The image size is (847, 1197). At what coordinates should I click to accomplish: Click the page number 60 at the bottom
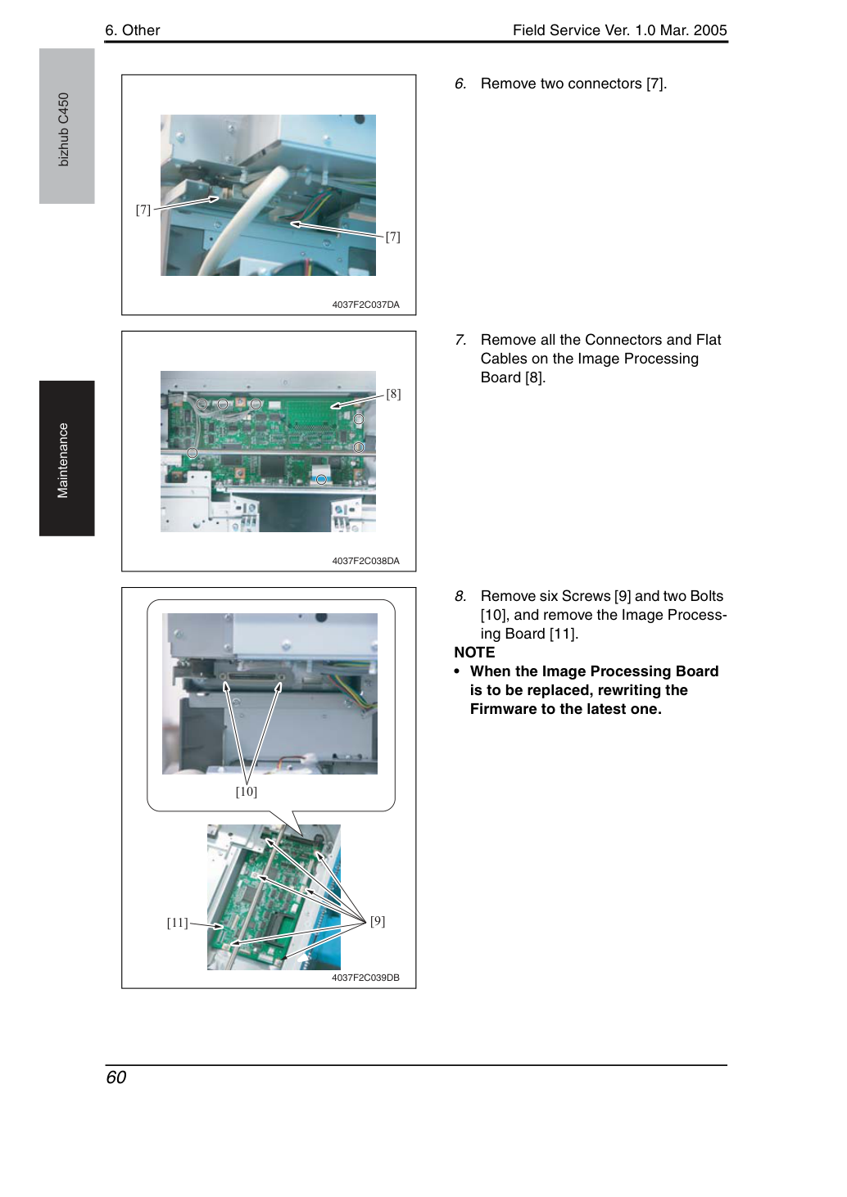point(116,1077)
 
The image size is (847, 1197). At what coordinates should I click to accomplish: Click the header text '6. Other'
point(133,30)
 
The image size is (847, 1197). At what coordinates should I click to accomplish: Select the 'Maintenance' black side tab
point(67,458)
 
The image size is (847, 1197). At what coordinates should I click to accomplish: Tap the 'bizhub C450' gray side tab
point(67,126)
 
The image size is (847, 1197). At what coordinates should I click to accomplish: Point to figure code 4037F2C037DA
point(365,305)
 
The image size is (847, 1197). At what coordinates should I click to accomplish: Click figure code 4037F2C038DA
point(365,561)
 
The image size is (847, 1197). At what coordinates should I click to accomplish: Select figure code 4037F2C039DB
point(365,978)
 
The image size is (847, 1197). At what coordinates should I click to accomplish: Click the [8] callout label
point(393,394)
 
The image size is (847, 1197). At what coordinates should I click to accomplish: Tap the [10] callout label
point(247,792)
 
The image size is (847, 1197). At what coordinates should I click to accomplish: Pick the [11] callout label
point(178,923)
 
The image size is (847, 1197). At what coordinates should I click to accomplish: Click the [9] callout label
point(378,921)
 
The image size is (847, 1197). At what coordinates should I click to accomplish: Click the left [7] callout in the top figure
point(143,210)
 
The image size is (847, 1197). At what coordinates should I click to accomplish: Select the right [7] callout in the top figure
point(393,236)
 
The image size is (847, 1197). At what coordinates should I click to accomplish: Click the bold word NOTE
point(474,653)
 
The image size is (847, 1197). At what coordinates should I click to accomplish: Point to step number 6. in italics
point(460,84)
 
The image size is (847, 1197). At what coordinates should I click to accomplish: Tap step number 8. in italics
point(460,596)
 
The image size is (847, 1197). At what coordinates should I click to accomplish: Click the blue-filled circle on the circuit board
point(321,479)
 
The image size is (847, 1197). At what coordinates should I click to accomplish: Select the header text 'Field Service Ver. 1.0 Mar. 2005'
point(620,30)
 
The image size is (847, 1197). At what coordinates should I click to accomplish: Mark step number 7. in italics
point(460,340)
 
